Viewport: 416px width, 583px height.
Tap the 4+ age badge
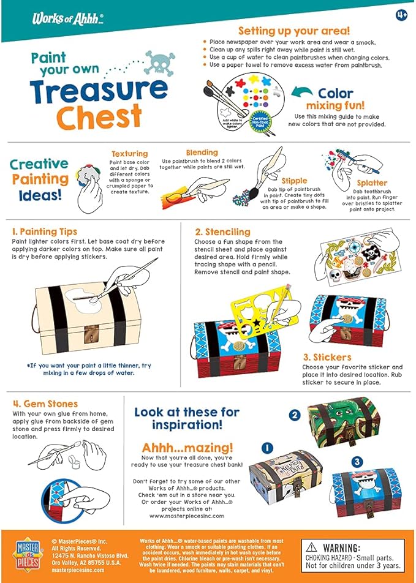[x=401, y=14]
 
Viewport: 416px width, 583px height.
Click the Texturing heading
[x=129, y=154]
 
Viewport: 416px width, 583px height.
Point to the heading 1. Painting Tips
[x=45, y=231]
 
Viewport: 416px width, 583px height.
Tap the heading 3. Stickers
[x=327, y=357]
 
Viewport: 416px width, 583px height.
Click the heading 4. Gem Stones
[x=45, y=404]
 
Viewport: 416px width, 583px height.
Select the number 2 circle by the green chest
[x=295, y=415]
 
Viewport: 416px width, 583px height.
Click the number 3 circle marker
[x=357, y=462]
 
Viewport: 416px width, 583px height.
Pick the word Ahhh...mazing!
[x=187, y=448]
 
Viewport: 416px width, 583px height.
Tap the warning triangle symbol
[x=312, y=547]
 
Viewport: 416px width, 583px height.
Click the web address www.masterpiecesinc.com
[x=187, y=516]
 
